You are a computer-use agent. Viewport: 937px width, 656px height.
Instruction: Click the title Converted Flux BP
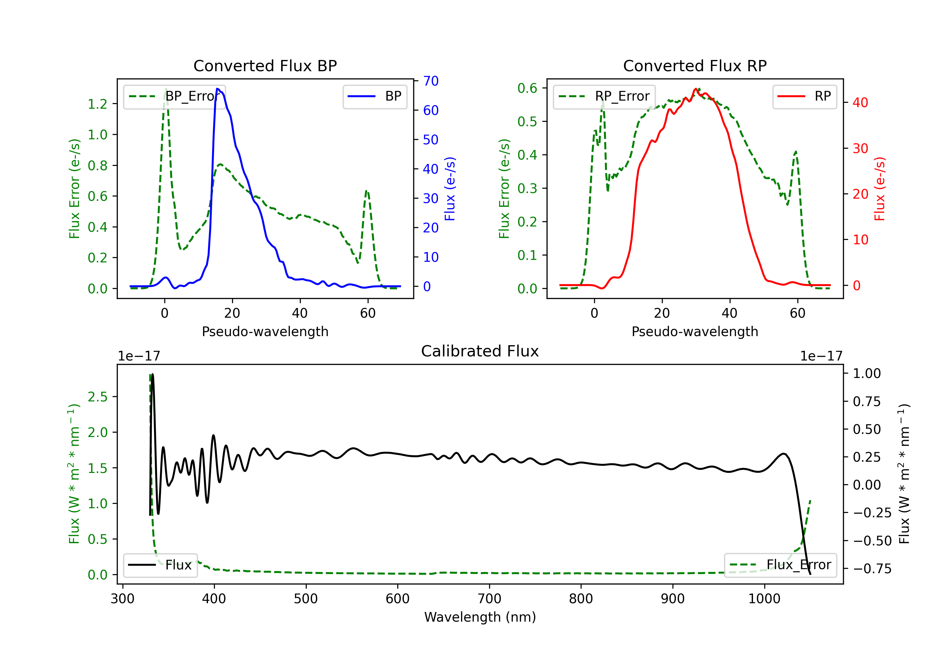pyautogui.click(x=265, y=66)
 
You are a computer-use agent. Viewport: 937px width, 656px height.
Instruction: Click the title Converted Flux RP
pyautogui.click(x=695, y=66)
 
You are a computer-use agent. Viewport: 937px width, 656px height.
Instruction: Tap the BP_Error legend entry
pyautogui.click(x=174, y=96)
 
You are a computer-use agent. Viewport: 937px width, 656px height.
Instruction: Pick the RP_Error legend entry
pyautogui.click(x=604, y=96)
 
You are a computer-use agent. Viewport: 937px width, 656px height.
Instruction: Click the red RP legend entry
pyautogui.click(x=804, y=96)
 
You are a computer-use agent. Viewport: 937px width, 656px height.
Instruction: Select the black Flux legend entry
pyautogui.click(x=161, y=565)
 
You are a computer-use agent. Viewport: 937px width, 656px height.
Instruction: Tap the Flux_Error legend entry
pyautogui.click(x=780, y=565)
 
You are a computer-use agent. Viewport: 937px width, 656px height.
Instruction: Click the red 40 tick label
pyautogui.click(x=860, y=102)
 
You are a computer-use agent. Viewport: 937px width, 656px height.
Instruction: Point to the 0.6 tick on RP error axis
pyautogui.click(x=527, y=88)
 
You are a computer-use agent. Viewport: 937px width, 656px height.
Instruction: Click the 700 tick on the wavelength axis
pyautogui.click(x=489, y=599)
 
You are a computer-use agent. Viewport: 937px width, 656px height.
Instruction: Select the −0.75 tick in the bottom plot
pyautogui.click(x=872, y=569)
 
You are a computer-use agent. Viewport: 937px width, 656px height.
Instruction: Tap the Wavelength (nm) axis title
pyautogui.click(x=480, y=617)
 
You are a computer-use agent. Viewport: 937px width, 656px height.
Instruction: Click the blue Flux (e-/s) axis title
pyautogui.click(x=450, y=189)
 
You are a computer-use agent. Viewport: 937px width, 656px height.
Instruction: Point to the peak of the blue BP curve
pyautogui.click(x=217, y=89)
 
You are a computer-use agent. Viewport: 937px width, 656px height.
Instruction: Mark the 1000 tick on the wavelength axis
pyautogui.click(x=764, y=599)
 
